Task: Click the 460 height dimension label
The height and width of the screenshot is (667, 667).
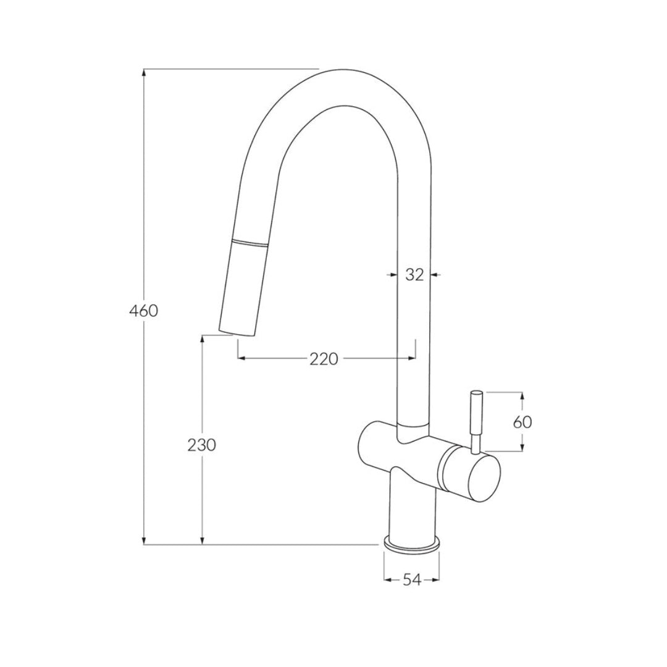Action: click(x=143, y=311)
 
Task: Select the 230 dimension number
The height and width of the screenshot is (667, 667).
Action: click(x=202, y=444)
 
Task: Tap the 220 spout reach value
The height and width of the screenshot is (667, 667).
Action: click(x=324, y=358)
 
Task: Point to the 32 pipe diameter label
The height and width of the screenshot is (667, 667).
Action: click(x=414, y=275)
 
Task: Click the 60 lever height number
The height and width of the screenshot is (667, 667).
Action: click(x=522, y=422)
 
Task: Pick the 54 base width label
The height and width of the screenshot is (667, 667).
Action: click(x=412, y=580)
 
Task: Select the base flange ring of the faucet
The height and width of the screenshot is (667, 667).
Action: click(x=412, y=543)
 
